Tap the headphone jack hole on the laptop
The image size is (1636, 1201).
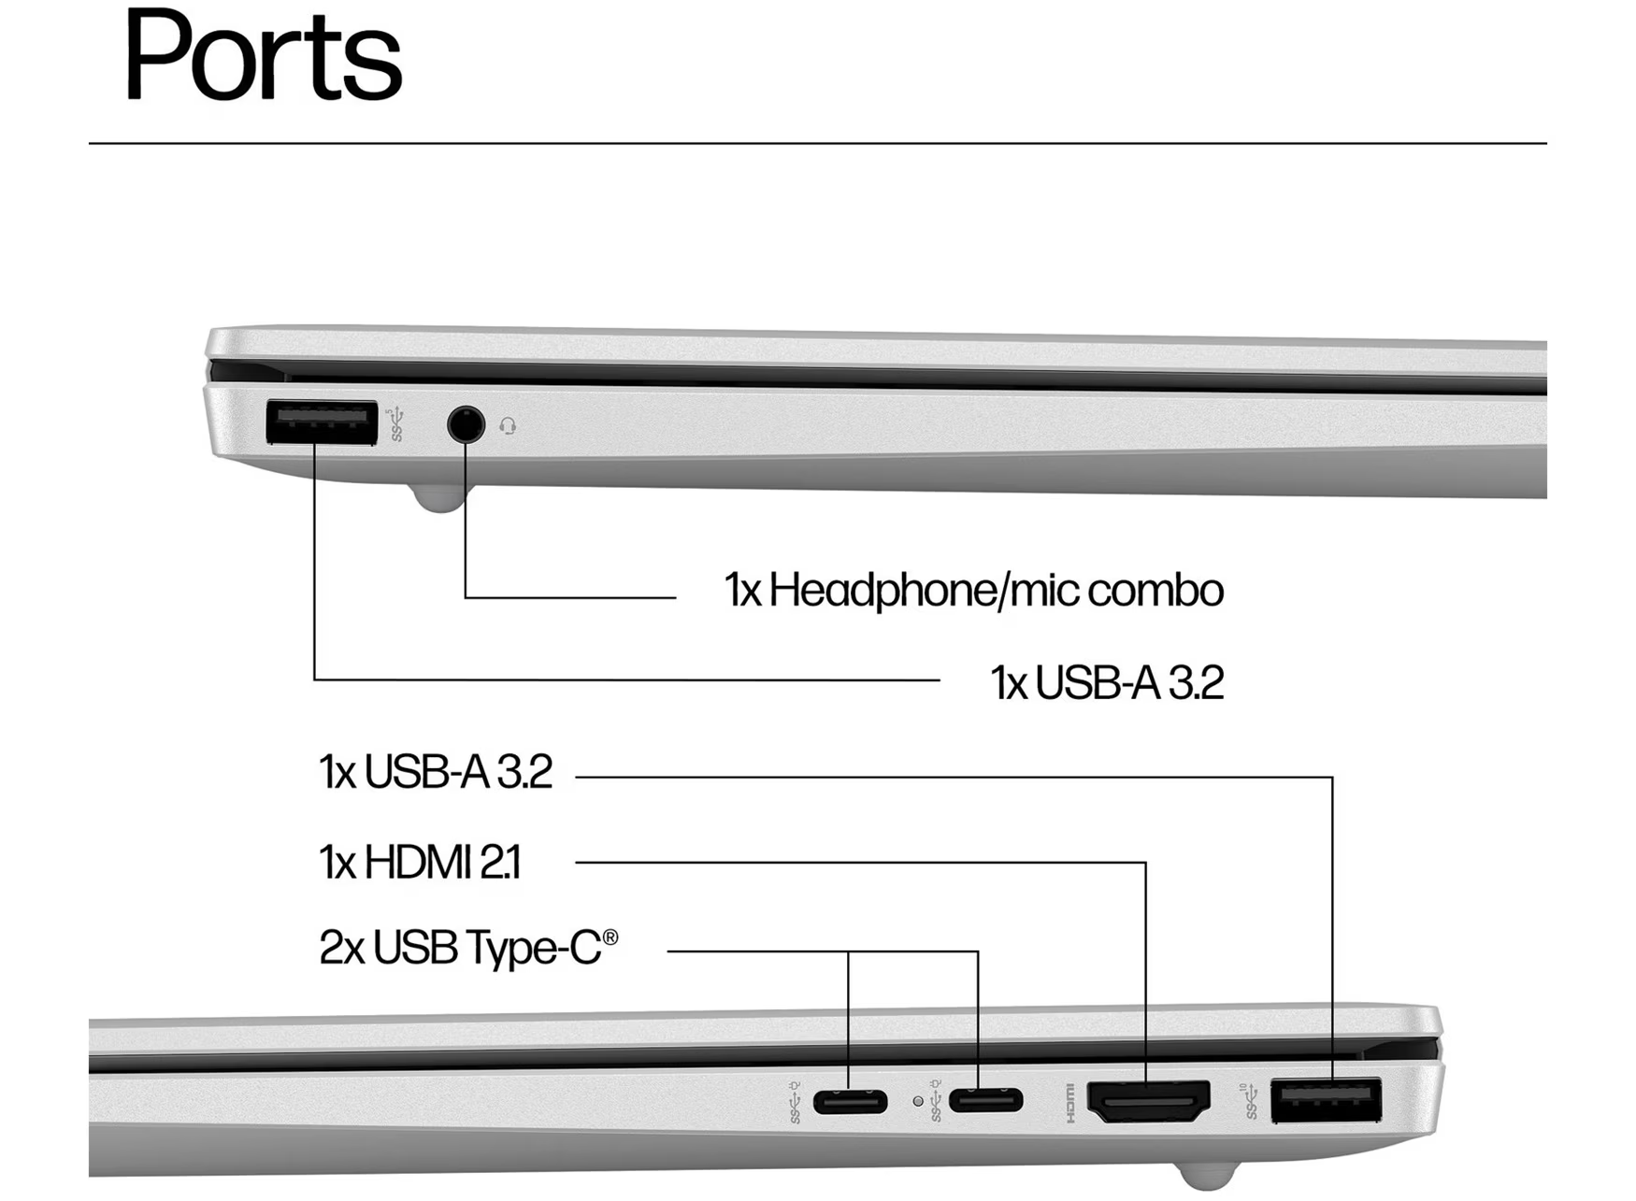click(466, 424)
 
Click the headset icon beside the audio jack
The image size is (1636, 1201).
click(508, 426)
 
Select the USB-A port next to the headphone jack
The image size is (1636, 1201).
click(322, 422)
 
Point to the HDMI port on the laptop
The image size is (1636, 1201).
click(1149, 1100)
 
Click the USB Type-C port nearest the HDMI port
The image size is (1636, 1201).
click(985, 1101)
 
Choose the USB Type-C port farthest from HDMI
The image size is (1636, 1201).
click(850, 1102)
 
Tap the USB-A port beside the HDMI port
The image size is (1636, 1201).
click(1326, 1100)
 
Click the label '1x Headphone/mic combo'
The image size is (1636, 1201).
click(973, 591)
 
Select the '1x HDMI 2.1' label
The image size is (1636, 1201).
click(420, 862)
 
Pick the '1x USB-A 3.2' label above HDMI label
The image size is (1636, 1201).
click(436, 772)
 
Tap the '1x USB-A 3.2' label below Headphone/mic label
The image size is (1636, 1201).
click(1107, 682)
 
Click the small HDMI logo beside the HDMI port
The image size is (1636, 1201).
click(1070, 1102)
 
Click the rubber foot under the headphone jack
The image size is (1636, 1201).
click(438, 499)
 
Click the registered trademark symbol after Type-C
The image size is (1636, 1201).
click(610, 936)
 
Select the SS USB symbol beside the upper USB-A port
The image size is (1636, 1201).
click(396, 423)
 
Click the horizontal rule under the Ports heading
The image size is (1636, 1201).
click(817, 143)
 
